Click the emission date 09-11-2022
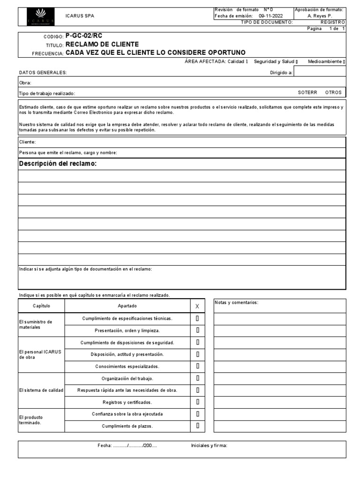point(270,15)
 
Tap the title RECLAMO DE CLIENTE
point(102,45)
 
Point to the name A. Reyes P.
point(319,15)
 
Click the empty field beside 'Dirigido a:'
point(320,72)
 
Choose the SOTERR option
point(307,92)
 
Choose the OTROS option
point(333,92)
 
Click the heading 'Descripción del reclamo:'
point(58,164)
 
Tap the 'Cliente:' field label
point(27,142)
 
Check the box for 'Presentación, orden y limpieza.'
point(198,330)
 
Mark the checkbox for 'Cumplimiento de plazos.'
point(198,426)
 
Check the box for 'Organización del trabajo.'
point(198,378)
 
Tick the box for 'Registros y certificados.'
point(198,402)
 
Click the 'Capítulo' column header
point(41,306)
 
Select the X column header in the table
point(197,306)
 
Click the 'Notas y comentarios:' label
point(236,303)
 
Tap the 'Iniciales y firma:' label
point(209,446)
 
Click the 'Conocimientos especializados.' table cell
point(127,367)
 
